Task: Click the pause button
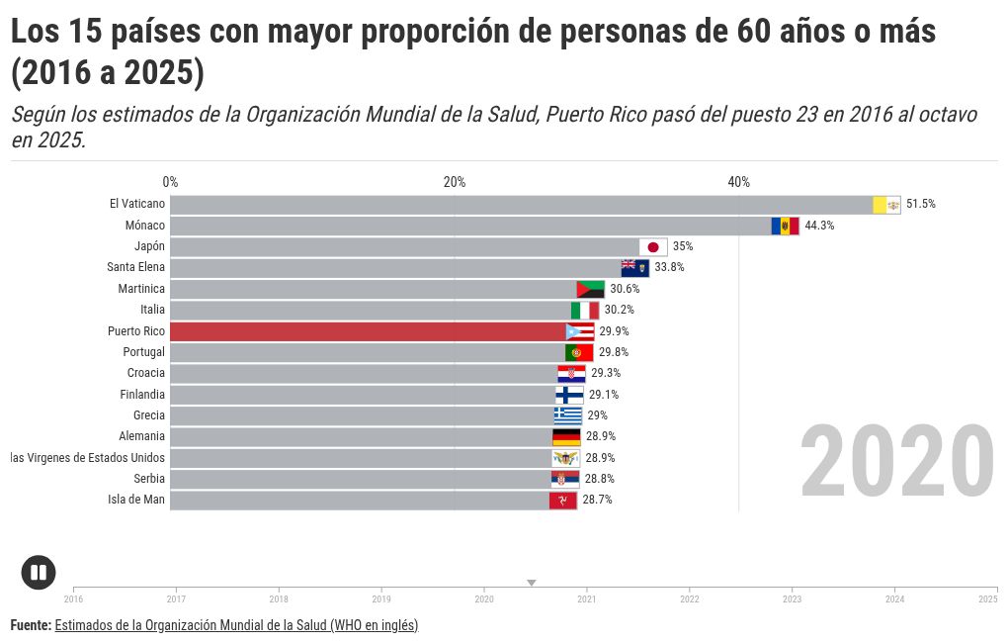click(x=39, y=573)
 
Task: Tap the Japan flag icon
click(x=652, y=247)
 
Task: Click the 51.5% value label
click(x=920, y=205)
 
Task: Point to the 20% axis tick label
click(x=455, y=182)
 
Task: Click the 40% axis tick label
click(x=738, y=182)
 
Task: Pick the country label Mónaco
click(x=145, y=226)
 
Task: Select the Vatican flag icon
click(x=886, y=205)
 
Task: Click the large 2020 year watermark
click(x=896, y=463)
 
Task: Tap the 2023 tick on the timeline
click(x=793, y=597)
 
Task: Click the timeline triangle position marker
click(x=532, y=583)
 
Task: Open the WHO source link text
click(x=236, y=625)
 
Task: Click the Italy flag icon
click(x=585, y=311)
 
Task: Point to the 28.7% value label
click(x=597, y=501)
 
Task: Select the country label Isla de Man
click(x=136, y=500)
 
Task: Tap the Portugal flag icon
click(x=579, y=353)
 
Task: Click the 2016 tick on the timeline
click(x=74, y=597)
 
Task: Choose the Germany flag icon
click(x=566, y=437)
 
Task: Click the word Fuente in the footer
click(x=31, y=625)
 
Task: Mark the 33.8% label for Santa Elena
click(x=669, y=268)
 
